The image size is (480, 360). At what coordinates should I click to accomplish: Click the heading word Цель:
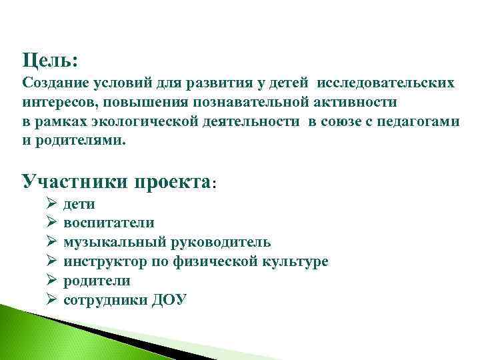(x=50, y=61)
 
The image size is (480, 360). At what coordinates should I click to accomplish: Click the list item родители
(x=97, y=281)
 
